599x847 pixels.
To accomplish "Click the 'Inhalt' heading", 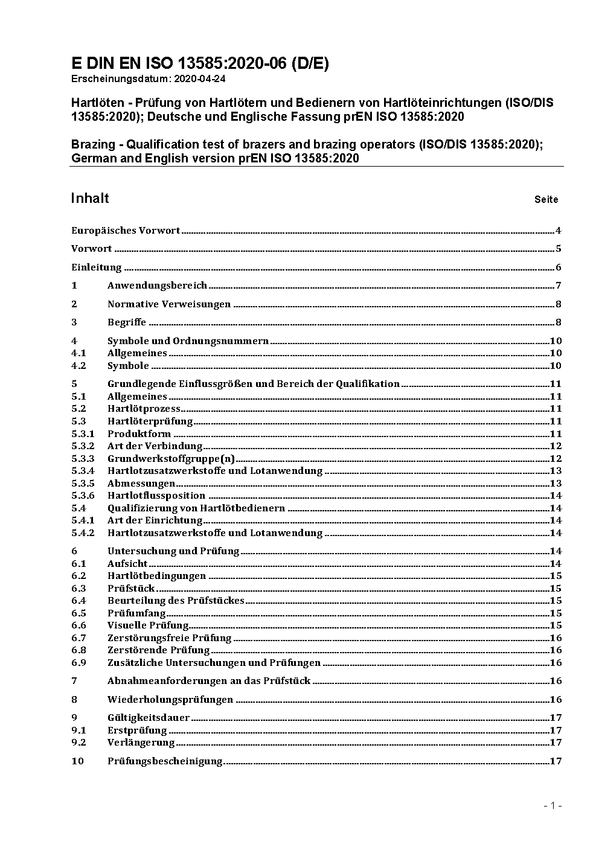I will (x=90, y=198).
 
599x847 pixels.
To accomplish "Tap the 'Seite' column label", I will (x=546, y=199).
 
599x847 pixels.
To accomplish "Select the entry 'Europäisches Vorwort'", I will (x=126, y=230).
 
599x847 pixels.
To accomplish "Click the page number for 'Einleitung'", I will (x=559, y=267).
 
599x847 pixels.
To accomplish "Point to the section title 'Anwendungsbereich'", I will (x=157, y=286).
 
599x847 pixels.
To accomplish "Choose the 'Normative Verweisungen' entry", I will (x=169, y=304).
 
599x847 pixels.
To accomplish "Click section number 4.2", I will (x=78, y=366).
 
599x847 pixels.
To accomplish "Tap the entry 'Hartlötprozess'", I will (x=144, y=409).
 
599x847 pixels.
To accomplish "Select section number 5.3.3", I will (x=83, y=458).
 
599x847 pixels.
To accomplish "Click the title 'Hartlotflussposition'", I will (x=156, y=496).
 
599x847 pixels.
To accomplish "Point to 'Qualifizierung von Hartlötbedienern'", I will (x=196, y=508).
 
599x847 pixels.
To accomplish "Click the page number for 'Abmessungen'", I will (x=556, y=483).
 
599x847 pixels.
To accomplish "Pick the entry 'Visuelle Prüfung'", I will (x=148, y=625).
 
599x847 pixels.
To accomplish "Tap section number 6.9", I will (x=78, y=662).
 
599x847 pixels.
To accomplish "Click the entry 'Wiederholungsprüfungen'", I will (x=170, y=700).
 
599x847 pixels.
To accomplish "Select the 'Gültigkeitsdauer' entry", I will (x=149, y=718).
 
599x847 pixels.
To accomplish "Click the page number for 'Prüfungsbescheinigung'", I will (x=556, y=761).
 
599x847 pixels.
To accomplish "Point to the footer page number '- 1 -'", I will (x=553, y=805).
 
